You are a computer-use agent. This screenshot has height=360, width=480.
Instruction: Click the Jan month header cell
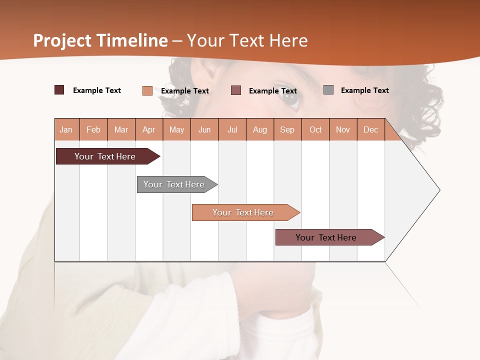(x=66, y=129)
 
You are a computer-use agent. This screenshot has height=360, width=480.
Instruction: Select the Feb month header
(x=93, y=129)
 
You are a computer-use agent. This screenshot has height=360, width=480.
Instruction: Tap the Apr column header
(x=148, y=129)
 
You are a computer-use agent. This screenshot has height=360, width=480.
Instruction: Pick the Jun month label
(x=204, y=129)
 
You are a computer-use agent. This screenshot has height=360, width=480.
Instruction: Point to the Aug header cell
(x=259, y=129)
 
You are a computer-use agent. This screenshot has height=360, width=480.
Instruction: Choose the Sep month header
(x=287, y=129)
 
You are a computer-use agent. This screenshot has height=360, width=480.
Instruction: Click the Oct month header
(x=315, y=129)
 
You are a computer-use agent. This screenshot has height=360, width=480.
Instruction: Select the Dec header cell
(x=370, y=129)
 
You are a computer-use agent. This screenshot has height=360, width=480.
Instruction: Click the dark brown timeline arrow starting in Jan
(x=105, y=156)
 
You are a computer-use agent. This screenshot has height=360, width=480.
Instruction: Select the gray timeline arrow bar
(x=174, y=184)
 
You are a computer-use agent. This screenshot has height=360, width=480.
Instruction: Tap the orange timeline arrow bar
(x=243, y=212)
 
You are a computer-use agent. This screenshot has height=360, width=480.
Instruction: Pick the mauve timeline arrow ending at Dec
(x=326, y=237)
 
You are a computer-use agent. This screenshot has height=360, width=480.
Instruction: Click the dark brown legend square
(x=59, y=90)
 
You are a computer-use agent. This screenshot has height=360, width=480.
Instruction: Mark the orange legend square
(x=147, y=90)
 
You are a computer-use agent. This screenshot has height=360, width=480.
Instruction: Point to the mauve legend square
(x=236, y=90)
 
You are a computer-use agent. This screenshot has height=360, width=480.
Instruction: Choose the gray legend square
(x=328, y=90)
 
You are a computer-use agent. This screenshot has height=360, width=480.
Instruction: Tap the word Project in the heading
(x=62, y=40)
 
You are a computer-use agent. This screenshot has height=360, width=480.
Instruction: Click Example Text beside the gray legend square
(x=364, y=90)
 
